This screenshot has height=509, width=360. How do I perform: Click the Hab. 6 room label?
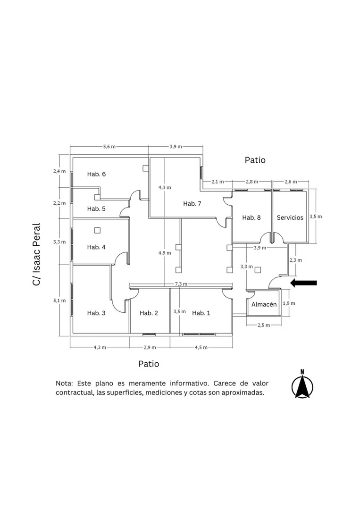[96, 174]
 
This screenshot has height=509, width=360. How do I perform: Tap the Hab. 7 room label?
[192, 203]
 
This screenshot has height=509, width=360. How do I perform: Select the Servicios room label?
[290, 217]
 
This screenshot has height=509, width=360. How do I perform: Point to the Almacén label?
[264, 304]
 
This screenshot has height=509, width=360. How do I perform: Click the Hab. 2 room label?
[149, 313]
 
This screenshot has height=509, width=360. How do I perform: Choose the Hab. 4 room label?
[96, 247]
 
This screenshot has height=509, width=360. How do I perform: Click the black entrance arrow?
[303, 283]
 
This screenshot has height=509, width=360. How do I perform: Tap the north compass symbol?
[302, 384]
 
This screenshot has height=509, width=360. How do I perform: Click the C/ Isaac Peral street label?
[36, 254]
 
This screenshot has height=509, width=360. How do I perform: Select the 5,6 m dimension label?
[109, 146]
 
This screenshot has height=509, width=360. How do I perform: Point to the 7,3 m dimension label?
[181, 284]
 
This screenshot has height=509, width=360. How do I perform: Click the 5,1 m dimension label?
[59, 300]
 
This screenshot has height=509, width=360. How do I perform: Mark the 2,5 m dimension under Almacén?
[264, 325]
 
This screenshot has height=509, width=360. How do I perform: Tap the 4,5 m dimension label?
[201, 347]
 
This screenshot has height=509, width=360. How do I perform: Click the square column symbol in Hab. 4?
[97, 231]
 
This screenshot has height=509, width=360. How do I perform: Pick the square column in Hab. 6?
[145, 168]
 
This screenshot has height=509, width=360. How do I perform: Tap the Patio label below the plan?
[149, 364]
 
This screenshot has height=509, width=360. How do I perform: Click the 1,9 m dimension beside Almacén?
[289, 303]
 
